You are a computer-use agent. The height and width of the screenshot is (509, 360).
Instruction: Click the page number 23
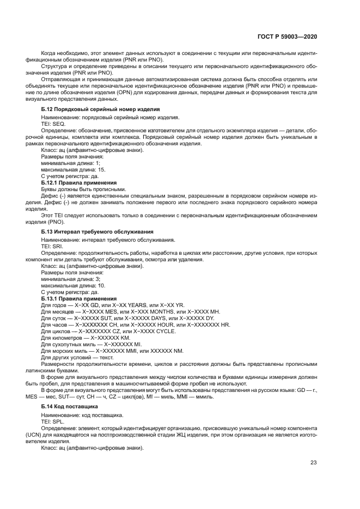(313, 463)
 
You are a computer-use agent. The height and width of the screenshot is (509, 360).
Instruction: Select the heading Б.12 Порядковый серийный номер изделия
(100, 109)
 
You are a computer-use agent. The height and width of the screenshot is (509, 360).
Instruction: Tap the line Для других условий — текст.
(77, 358)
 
